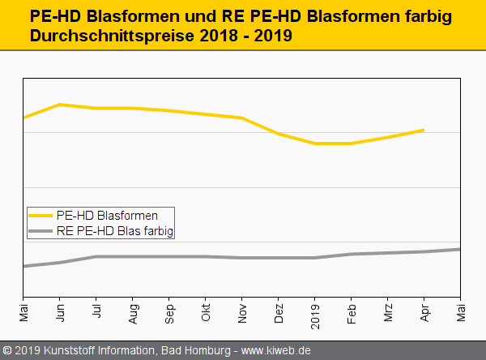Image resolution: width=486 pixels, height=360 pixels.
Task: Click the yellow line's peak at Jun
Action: point(60,105)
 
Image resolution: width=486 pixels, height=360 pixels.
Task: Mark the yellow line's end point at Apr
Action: point(424,130)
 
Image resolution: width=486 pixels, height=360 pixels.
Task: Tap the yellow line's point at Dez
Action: point(279,134)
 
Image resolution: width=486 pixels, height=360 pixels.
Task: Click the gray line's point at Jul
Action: point(96,257)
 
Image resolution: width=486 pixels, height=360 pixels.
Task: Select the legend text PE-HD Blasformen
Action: point(107,216)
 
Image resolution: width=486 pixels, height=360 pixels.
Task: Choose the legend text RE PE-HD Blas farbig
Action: point(115,231)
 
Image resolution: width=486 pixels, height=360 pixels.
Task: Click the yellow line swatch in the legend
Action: point(40,216)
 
